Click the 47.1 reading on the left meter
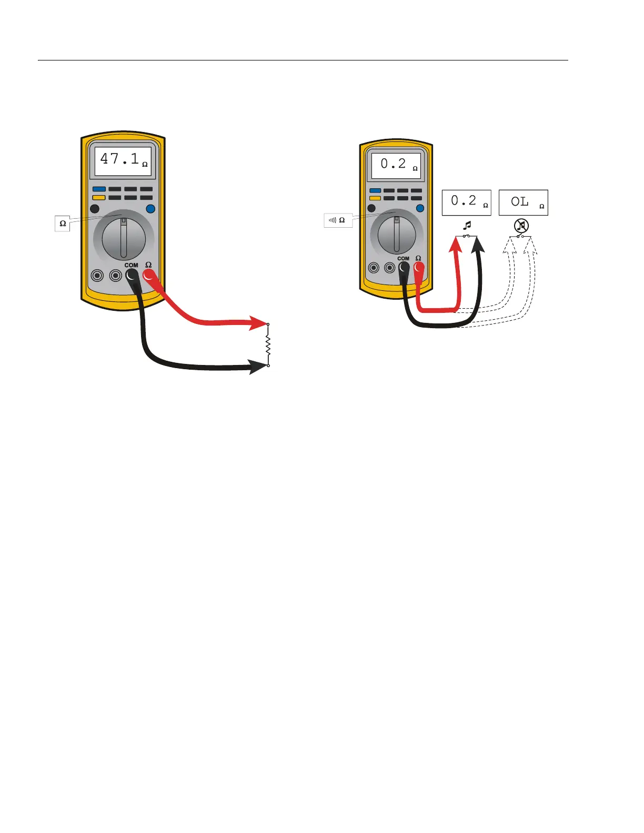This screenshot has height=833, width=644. coord(119,159)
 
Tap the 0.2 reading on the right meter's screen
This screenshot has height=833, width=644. coord(393,164)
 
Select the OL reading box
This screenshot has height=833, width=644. coord(523,202)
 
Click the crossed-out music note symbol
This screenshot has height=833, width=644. coord(521,226)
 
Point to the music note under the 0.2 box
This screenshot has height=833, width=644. coord(467,226)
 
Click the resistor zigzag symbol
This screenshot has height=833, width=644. coord(268,345)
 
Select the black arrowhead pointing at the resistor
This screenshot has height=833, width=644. coord(258,366)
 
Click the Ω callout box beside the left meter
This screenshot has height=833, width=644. coord(63,224)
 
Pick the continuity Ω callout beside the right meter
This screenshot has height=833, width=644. coord(338,220)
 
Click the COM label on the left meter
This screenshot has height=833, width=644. coord(131,265)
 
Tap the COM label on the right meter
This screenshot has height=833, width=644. coord(403,258)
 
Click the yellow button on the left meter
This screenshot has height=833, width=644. coord(99,198)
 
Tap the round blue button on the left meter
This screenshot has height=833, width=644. coord(150,209)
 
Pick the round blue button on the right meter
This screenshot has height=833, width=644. coord(420,208)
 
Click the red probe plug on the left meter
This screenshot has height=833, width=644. coord(149,275)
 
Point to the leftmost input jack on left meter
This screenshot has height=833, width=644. coord(97,275)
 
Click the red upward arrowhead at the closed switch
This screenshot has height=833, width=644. coord(456,245)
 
